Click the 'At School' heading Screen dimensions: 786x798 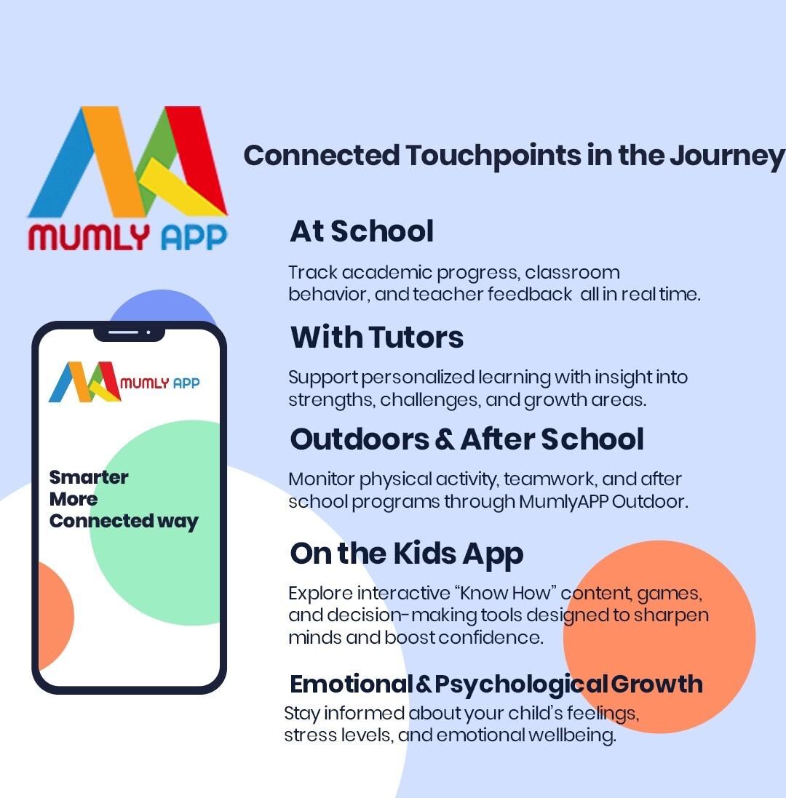point(362,231)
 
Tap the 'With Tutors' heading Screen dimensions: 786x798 point(377,337)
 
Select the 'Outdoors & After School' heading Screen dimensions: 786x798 point(467,439)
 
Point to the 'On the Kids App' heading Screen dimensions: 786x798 point(407,554)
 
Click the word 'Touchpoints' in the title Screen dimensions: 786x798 point(493,155)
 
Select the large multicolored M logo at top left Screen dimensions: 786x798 point(128,161)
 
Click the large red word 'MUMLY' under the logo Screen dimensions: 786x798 point(89,237)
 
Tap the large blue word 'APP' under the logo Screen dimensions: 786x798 point(194,237)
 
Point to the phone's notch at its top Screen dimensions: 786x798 point(130,333)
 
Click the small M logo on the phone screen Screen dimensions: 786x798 point(85,382)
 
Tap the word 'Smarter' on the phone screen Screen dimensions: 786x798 point(89,477)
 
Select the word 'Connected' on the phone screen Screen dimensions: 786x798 point(101,521)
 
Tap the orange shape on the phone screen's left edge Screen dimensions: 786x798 point(55,616)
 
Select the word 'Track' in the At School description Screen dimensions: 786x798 point(312,272)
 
